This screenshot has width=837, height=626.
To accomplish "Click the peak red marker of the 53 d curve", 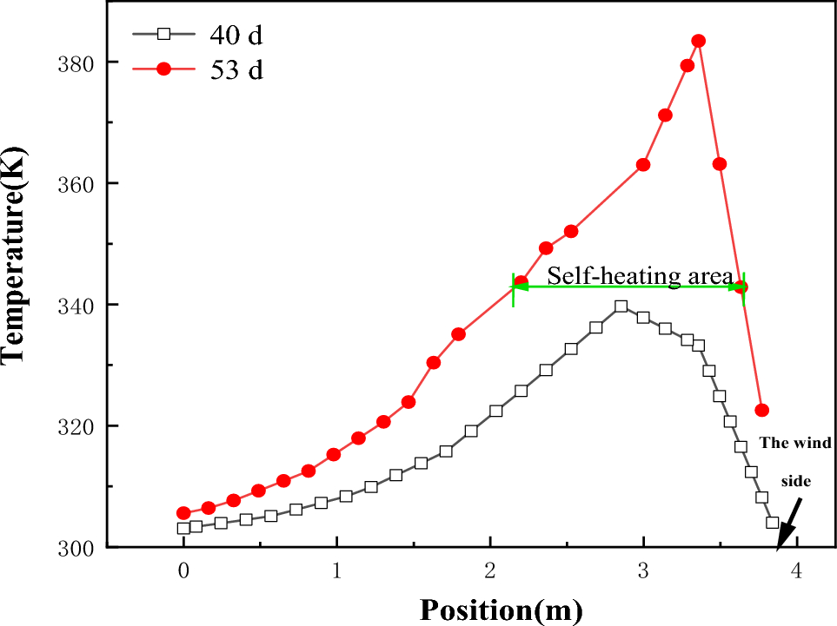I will coord(698,41).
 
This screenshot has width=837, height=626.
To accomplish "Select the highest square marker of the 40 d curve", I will coord(621,306).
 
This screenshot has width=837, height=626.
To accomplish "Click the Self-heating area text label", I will coord(640,276).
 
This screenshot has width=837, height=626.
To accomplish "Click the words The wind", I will coord(795,443).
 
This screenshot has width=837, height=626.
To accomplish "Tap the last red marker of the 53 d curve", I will coord(762,410).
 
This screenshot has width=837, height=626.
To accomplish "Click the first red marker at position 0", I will coord(183,513).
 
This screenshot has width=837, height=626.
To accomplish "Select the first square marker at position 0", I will coord(183,528).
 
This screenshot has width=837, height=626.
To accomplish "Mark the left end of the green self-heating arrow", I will coord(513,287).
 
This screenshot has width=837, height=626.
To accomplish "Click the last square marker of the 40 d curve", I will coord(772,523).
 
